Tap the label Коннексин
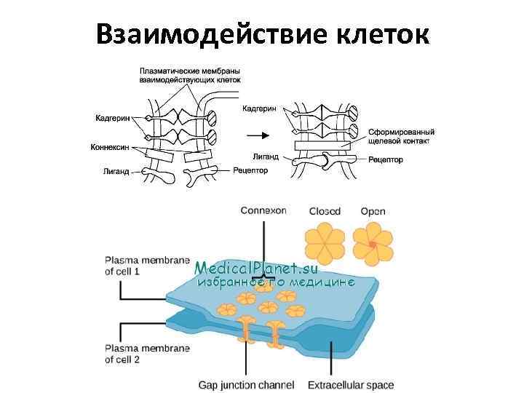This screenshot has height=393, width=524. coord(110,146)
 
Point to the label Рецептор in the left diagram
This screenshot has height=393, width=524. coord(251,171)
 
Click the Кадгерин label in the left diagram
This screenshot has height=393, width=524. coord(114,118)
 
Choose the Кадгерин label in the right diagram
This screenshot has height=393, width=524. coord(260,107)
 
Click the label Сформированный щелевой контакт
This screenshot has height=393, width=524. coord(399,137)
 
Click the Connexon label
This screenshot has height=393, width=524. coord(263,211)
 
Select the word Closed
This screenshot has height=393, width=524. coord(325,212)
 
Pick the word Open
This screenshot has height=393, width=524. coord(373,212)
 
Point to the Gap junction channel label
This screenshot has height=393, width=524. coord(246,384)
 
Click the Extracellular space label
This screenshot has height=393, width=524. coord(350,384)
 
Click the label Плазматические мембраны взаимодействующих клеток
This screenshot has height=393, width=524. coord(190,75)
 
